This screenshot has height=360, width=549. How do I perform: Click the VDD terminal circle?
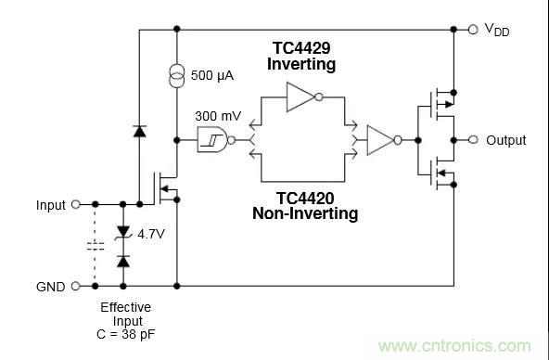[473, 30]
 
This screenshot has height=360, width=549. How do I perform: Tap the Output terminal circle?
[473, 140]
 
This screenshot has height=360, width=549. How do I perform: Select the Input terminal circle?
[76, 204]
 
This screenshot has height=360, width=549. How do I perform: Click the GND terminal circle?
[76, 286]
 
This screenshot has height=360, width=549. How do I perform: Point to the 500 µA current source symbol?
[177, 76]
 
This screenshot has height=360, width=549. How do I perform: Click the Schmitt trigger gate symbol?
[216, 140]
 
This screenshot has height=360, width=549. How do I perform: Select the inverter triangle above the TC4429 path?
[304, 97]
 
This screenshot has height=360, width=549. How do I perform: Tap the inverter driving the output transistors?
[384, 140]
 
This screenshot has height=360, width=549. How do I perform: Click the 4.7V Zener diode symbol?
[123, 233]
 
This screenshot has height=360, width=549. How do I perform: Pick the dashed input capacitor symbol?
[95, 246]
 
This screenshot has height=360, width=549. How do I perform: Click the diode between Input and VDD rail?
[140, 131]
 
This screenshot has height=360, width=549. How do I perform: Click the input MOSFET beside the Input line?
[165, 188]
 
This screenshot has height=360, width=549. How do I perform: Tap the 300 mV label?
[218, 116]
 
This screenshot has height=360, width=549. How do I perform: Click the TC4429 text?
[301, 48]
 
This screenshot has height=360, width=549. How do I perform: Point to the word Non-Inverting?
[305, 213]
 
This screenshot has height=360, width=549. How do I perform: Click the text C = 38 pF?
[126, 334]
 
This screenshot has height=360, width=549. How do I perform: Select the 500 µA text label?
[211, 75]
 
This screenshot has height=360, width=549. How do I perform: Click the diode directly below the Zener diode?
[123, 262]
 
